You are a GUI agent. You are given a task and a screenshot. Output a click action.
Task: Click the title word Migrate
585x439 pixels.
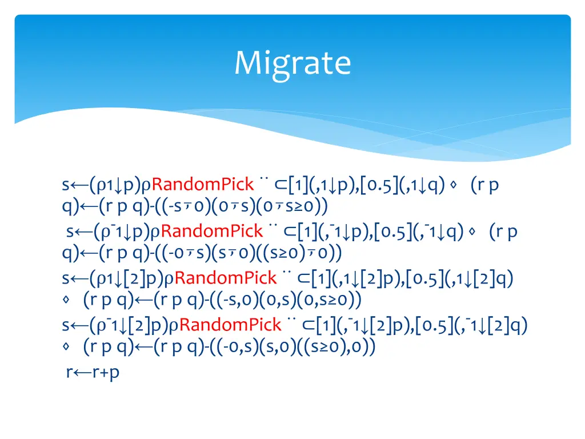point(292,63)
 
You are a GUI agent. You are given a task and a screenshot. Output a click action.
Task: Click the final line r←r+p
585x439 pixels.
point(93,372)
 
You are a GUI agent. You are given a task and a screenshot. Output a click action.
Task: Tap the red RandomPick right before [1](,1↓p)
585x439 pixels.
point(203,185)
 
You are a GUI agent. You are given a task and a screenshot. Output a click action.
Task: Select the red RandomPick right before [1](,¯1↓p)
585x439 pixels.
point(212,232)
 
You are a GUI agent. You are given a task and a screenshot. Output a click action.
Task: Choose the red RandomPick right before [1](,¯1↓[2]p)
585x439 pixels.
point(230,325)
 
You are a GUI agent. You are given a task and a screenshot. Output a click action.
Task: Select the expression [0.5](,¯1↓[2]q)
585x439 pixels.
point(471,325)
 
